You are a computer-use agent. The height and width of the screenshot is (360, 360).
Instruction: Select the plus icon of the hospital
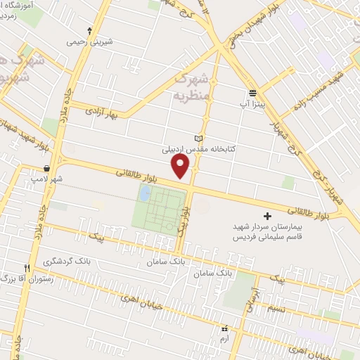click(266, 216)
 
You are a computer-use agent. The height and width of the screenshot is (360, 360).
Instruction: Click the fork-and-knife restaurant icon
click(27, 268)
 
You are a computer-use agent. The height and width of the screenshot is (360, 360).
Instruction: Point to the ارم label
click(225, 339)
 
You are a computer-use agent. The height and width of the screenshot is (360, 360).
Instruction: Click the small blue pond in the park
click(146, 193)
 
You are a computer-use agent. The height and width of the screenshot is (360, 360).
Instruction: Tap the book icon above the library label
click(198, 138)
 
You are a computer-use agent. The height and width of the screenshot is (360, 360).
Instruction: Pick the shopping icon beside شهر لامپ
click(46, 169)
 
